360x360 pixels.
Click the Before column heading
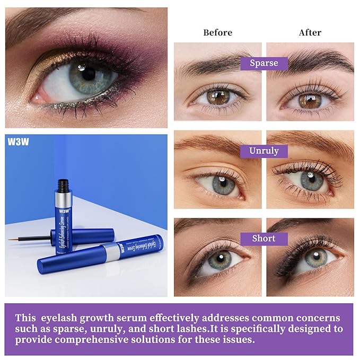[217, 32]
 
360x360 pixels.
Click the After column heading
[310, 32]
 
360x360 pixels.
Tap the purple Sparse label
[264, 63]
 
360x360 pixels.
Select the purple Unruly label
[264, 151]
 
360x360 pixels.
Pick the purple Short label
[264, 238]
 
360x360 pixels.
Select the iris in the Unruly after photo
[311, 180]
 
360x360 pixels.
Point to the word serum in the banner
[131, 318]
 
